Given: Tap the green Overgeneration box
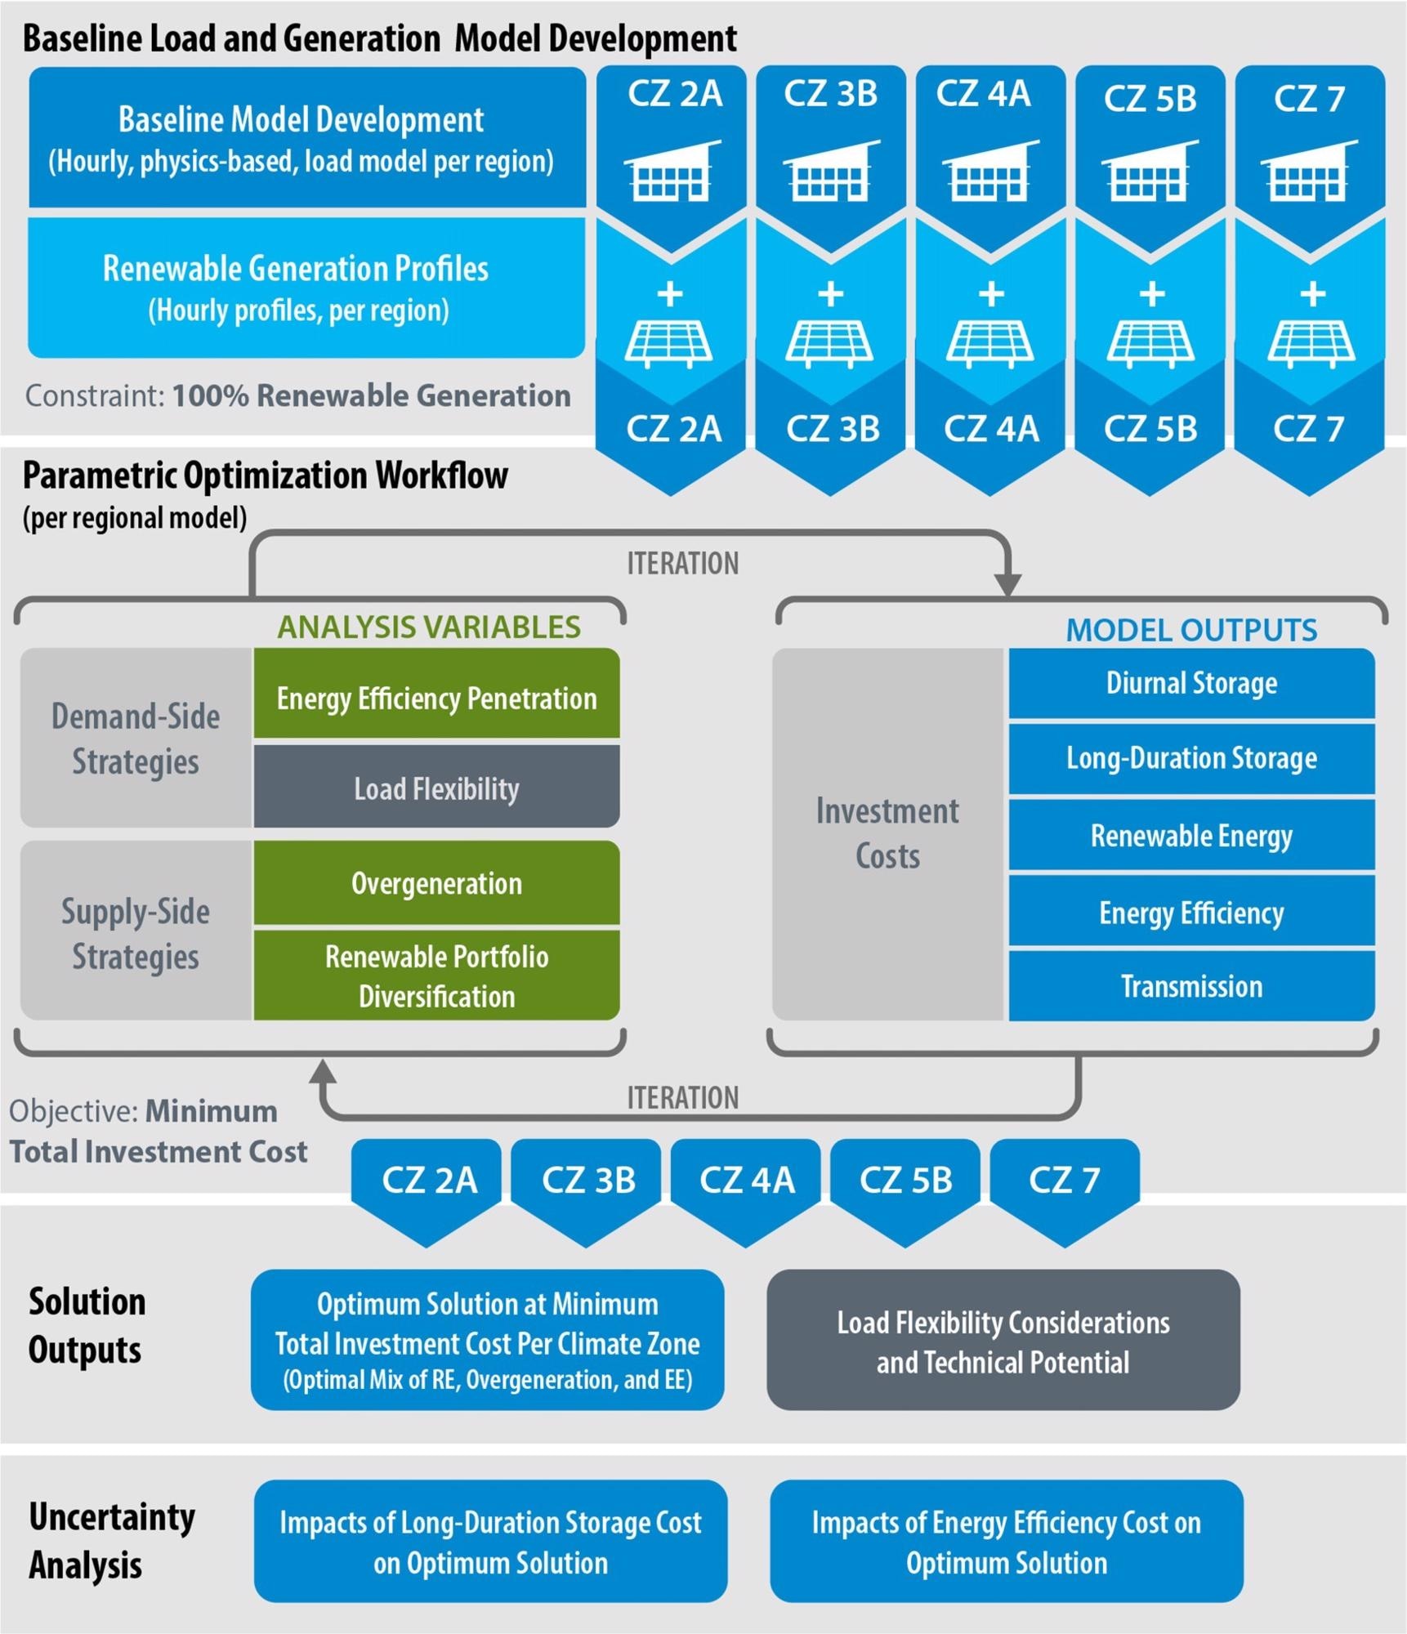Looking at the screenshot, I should pos(436,883).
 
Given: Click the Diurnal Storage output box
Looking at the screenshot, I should pos(1191,683).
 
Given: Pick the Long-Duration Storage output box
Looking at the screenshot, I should pos(1191,758).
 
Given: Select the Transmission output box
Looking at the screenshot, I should pos(1191,986).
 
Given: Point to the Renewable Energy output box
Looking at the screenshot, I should pos(1191,835).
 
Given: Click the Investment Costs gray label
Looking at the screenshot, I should pos(887,833).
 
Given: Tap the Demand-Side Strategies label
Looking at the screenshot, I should pos(136,739).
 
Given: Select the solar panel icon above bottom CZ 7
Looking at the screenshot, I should pos(1311,343).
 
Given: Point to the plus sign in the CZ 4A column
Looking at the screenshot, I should pos(991,293).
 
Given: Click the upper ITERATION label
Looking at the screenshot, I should pos(682,563).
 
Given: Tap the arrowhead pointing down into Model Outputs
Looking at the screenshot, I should pos(1008,585).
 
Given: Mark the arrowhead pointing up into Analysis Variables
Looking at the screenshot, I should pos(323,1071).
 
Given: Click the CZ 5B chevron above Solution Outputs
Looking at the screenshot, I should pos(905,1186).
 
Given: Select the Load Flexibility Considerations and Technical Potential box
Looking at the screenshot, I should pos(1003,1341).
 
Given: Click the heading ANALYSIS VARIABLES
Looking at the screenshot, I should pos(429,627).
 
